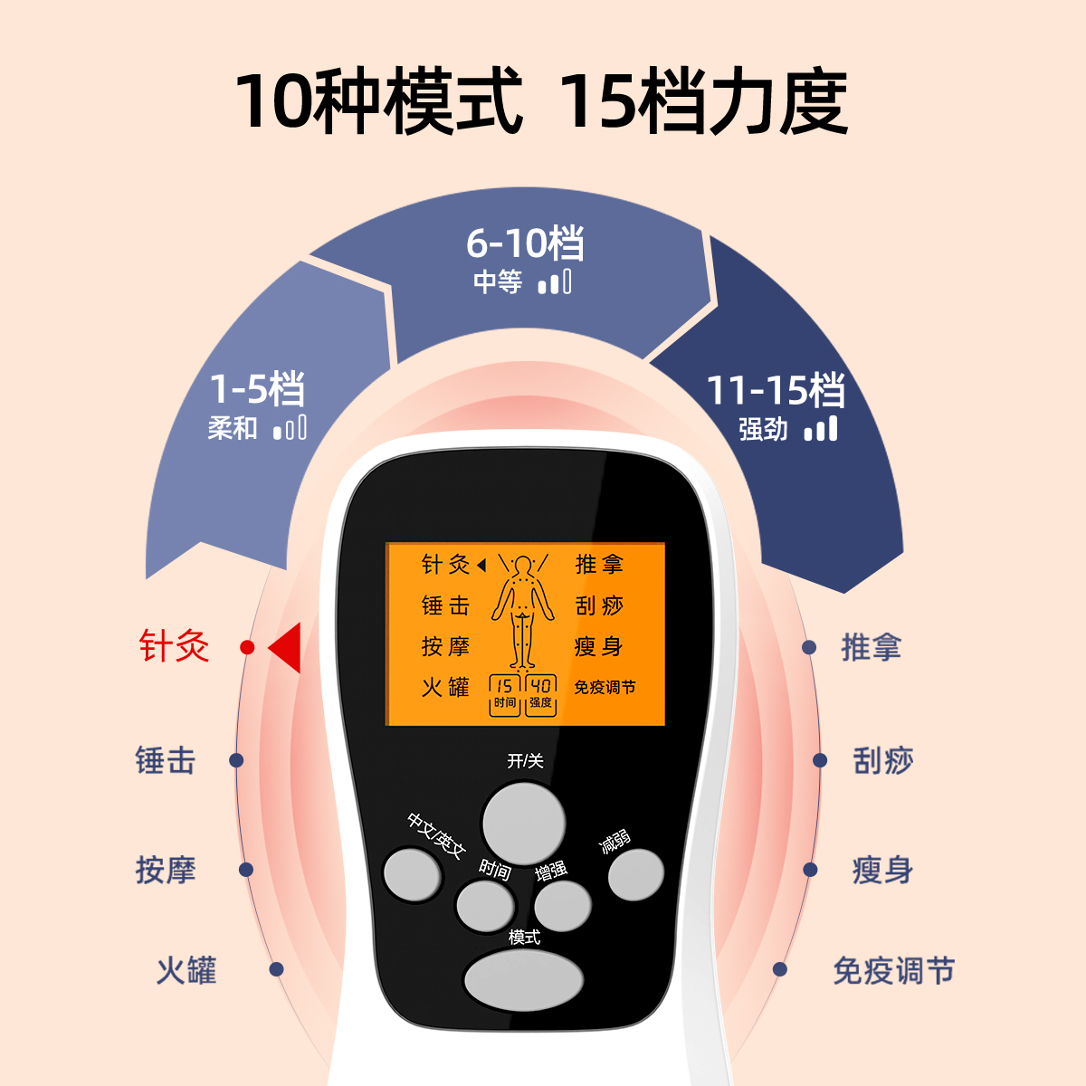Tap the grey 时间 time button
(x=485, y=904)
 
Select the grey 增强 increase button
(x=562, y=904)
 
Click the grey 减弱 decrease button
(x=635, y=875)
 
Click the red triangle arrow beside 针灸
(x=286, y=647)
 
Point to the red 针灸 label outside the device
(x=174, y=647)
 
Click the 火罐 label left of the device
(x=186, y=970)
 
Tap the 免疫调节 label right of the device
(x=893, y=971)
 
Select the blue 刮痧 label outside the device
(x=883, y=760)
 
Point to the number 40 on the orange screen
(x=541, y=686)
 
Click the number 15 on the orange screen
(x=504, y=686)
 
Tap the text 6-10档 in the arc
(x=525, y=243)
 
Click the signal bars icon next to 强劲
(x=821, y=428)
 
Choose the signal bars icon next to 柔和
(x=290, y=427)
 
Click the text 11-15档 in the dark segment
(x=776, y=390)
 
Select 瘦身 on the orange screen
(x=598, y=646)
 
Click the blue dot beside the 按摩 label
(x=246, y=870)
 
